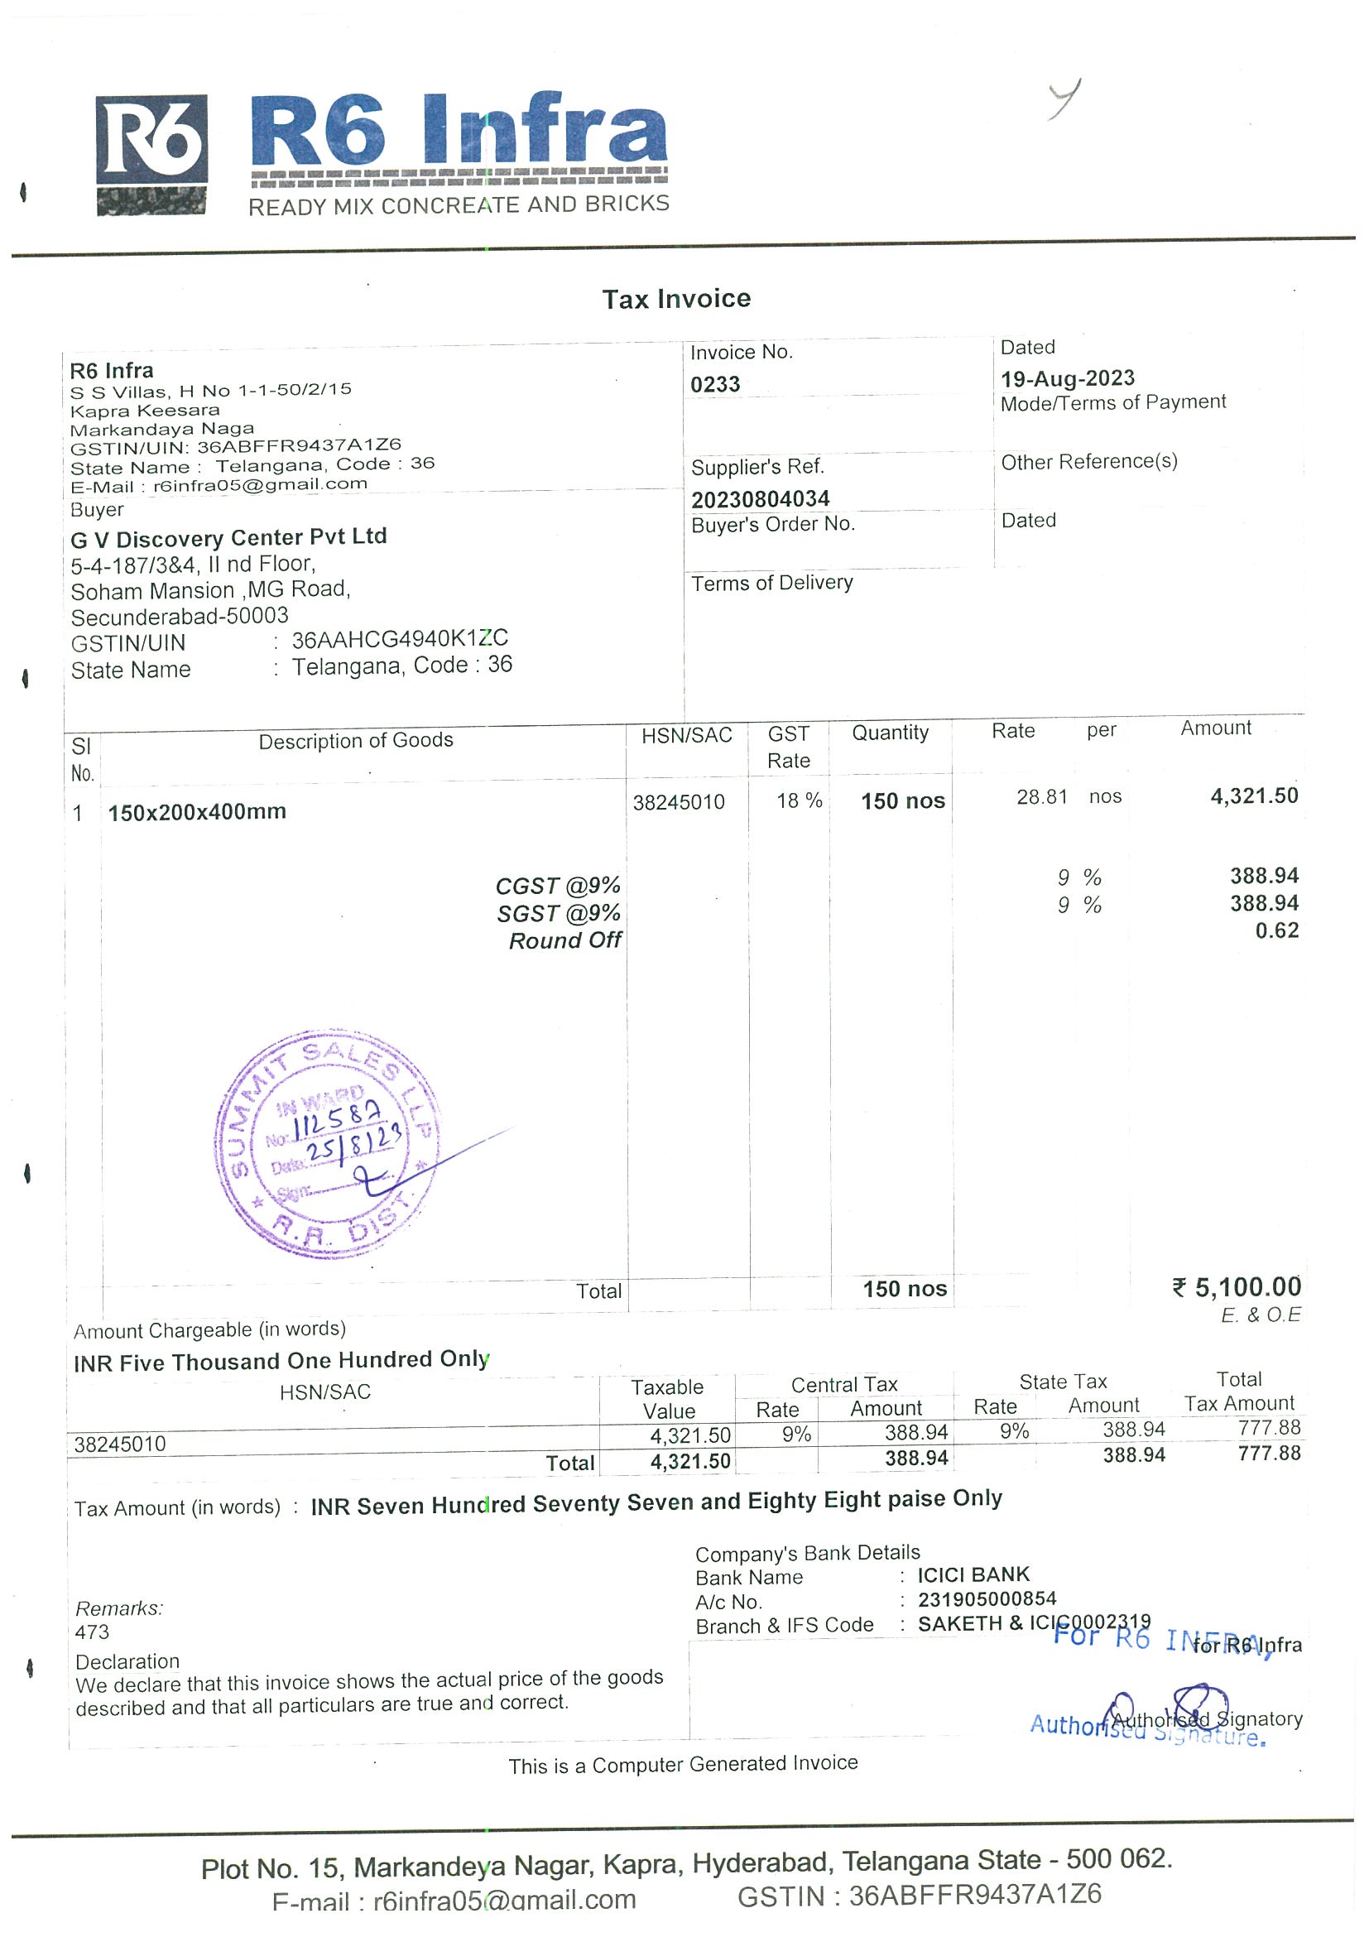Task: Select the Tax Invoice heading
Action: click(x=675, y=299)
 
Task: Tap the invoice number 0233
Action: click(x=714, y=385)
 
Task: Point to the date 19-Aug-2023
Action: click(x=1067, y=378)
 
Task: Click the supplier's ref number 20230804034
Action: click(x=760, y=499)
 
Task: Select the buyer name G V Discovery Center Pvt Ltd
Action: click(x=228, y=537)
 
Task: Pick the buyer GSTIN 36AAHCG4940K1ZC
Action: click(x=400, y=640)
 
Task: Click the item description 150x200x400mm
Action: click(x=197, y=811)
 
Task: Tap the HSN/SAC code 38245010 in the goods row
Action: click(x=678, y=802)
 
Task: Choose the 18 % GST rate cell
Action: click(x=799, y=800)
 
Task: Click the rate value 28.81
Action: click(x=1042, y=797)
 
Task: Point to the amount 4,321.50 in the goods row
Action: click(x=1253, y=795)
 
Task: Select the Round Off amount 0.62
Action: click(x=1276, y=930)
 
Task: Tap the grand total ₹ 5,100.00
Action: click(x=1237, y=1287)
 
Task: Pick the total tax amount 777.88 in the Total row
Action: click(x=1269, y=1454)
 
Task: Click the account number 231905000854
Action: click(x=986, y=1599)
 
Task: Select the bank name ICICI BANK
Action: click(x=973, y=1575)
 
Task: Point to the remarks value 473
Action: click(x=92, y=1632)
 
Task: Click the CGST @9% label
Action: click(x=558, y=886)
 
